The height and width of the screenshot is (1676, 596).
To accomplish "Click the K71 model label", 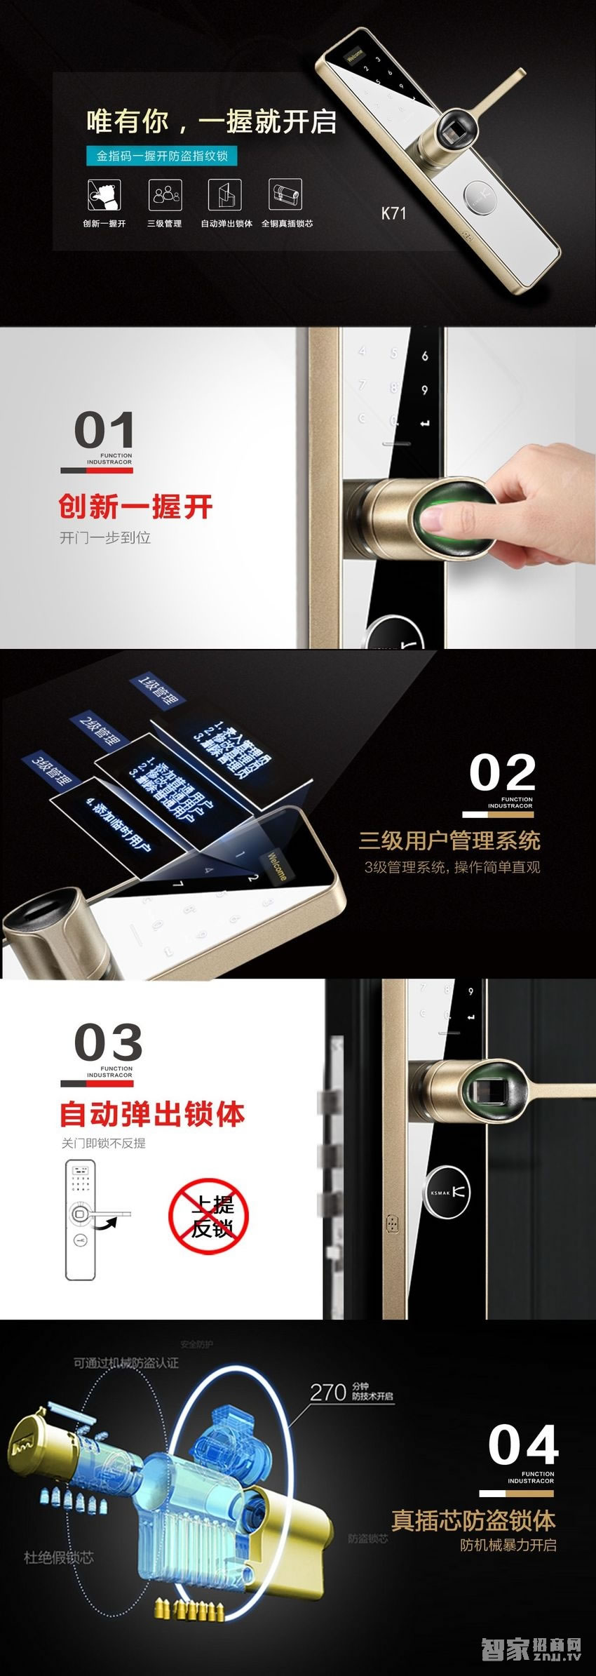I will click(393, 213).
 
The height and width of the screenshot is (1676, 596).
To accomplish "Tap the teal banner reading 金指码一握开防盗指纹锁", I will click(162, 156).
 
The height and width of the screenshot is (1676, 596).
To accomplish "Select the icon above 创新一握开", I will click(104, 194).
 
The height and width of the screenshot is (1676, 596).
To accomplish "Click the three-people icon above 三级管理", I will click(165, 194).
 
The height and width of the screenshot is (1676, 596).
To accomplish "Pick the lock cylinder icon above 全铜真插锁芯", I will click(285, 194).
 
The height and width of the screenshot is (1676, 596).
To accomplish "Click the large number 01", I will click(104, 430).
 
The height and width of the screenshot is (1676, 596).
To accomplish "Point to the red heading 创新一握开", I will click(135, 507).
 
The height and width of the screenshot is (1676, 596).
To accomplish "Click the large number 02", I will click(502, 773).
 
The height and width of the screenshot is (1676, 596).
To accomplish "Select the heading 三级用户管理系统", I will click(449, 840).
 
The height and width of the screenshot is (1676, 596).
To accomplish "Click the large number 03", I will click(108, 1043).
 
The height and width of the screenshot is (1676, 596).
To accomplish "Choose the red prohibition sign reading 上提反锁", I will click(209, 1218).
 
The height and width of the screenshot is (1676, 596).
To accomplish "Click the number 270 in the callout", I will click(328, 1392).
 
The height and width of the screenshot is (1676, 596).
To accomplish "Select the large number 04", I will click(523, 1446).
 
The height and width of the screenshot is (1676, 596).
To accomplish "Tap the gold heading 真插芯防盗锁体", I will click(473, 1520).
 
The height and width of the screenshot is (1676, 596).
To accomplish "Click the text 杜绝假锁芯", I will click(59, 1557).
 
